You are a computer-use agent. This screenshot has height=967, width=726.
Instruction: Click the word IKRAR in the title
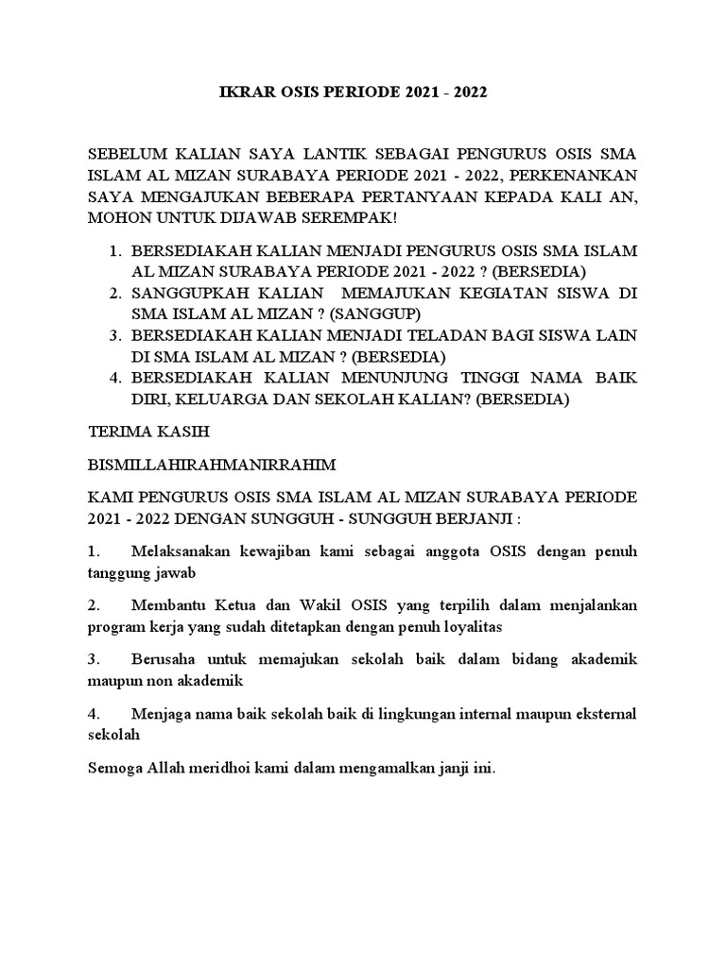click(242, 94)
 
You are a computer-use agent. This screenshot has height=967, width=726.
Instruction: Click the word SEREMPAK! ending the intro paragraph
click(350, 218)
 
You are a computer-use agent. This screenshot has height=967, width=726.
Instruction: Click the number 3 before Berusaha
click(93, 659)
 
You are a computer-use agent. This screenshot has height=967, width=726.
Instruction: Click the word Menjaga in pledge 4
click(163, 713)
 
